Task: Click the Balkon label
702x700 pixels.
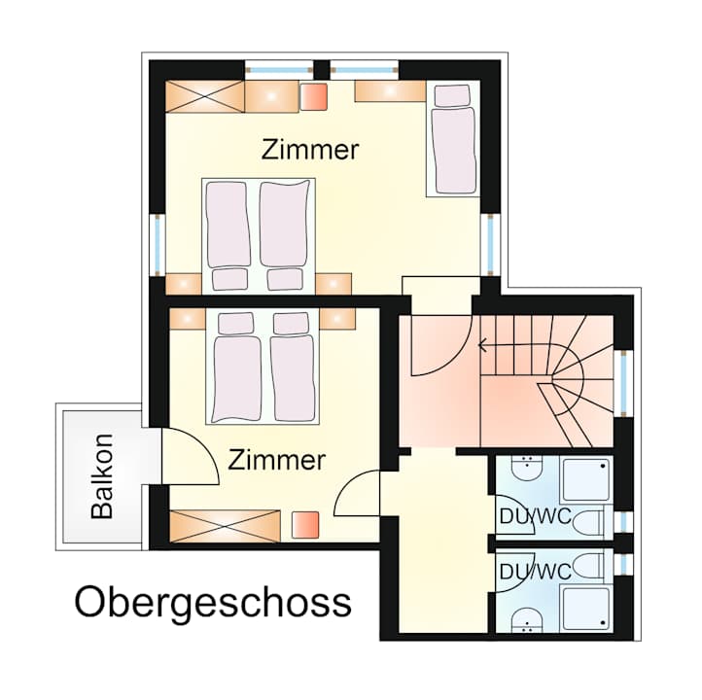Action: (102, 476)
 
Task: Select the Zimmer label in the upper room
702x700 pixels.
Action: (310, 150)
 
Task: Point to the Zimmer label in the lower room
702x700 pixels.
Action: (276, 460)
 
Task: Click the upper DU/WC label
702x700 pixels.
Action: (536, 516)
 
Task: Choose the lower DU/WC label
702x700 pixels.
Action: (536, 572)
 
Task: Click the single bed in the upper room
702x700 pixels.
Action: (453, 139)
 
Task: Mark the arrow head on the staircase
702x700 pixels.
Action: (482, 345)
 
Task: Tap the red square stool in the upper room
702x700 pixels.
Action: (313, 96)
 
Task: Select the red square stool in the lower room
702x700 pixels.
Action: (305, 525)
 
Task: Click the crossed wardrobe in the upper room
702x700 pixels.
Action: (205, 96)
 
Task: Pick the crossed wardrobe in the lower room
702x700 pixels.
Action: (226, 526)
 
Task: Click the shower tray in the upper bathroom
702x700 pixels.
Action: (585, 479)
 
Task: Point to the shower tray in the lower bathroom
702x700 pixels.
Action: (585, 609)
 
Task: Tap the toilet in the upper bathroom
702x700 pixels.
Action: (592, 523)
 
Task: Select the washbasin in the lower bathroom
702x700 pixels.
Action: (527, 620)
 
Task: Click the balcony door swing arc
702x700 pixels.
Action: (203, 447)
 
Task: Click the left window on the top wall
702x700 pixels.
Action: (279, 70)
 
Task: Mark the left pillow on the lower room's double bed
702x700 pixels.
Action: (235, 323)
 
